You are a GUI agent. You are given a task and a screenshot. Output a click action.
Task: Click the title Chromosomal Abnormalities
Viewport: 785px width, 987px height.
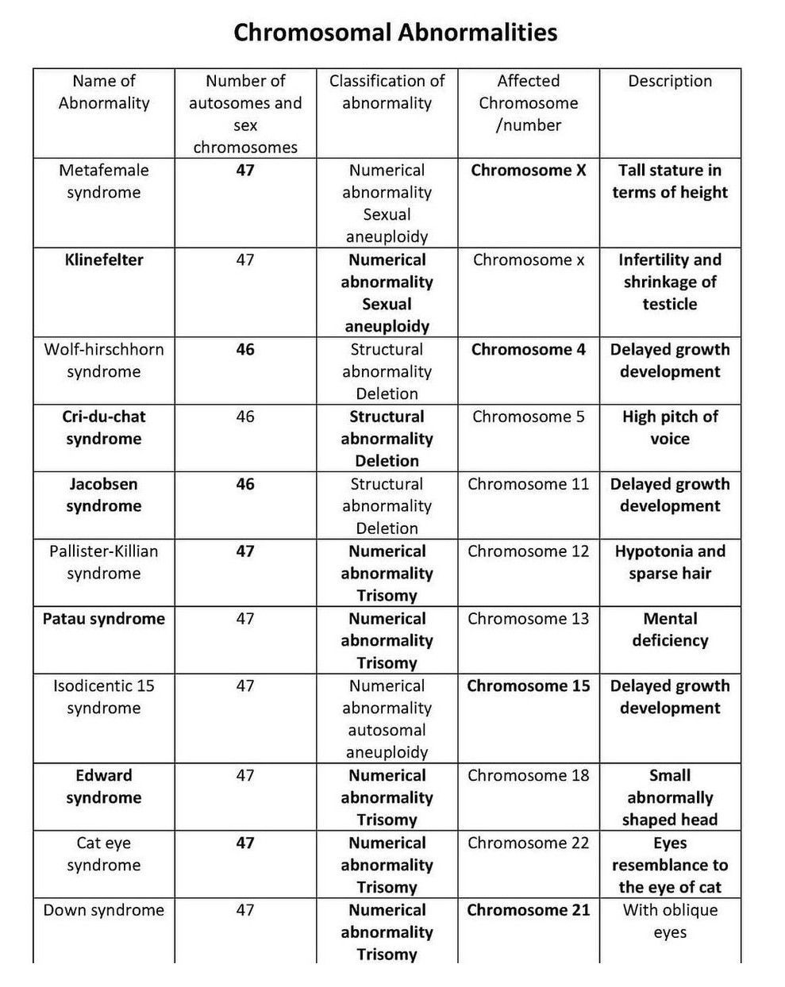click(394, 33)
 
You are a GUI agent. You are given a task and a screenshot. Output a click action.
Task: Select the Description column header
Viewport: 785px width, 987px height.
click(670, 81)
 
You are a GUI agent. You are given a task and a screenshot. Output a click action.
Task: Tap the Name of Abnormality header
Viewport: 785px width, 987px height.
click(104, 92)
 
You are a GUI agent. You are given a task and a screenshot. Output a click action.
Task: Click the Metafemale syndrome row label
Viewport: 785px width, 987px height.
click(104, 181)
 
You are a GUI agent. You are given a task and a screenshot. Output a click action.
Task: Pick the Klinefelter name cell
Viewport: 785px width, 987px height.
click(104, 259)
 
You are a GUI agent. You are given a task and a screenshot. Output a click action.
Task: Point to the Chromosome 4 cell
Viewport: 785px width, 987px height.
click(528, 349)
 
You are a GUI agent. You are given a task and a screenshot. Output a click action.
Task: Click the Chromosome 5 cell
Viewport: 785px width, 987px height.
click(528, 417)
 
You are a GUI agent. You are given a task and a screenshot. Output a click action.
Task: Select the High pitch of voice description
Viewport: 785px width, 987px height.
click(670, 428)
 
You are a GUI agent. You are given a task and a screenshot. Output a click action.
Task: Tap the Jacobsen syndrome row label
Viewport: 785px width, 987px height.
click(104, 495)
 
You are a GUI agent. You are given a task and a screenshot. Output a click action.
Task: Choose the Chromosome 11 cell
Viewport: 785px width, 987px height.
click(528, 484)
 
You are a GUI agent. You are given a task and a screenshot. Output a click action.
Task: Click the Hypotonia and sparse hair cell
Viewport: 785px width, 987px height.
click(670, 563)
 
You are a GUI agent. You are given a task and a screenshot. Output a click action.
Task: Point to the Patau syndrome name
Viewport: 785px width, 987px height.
click(104, 619)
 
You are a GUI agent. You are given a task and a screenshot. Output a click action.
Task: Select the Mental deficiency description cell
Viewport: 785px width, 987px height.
click(670, 630)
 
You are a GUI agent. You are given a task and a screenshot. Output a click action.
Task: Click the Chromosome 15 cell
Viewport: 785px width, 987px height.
click(528, 686)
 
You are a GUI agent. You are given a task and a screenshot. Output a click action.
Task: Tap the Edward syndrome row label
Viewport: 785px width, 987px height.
click(104, 787)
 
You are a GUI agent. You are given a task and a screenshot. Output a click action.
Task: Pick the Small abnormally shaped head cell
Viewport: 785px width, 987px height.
click(670, 797)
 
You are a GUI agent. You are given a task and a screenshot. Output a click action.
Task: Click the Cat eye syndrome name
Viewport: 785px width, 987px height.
click(104, 854)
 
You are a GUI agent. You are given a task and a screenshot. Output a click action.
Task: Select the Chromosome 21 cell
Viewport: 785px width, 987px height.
click(528, 910)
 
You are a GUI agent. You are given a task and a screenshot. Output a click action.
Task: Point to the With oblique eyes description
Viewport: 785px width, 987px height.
click(670, 921)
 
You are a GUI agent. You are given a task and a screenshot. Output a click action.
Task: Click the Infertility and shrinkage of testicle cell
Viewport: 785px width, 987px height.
click(670, 282)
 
